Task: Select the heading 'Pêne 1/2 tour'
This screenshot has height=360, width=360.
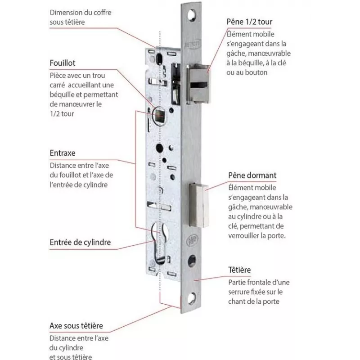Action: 250,22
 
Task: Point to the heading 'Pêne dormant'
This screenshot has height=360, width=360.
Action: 252,175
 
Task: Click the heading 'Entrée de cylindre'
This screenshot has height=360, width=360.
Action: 80,243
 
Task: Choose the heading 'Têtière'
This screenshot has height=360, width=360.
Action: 239,270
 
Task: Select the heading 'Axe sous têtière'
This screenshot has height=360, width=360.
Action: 76,325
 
